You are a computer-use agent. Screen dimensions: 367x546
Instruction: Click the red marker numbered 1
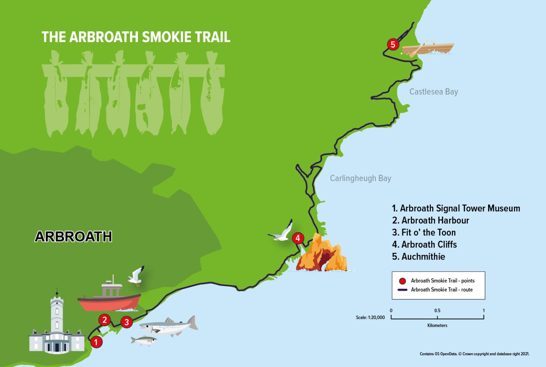point(96,342)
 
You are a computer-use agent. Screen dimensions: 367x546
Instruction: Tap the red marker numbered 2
point(105,320)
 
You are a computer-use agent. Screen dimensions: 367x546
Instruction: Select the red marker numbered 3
point(127,322)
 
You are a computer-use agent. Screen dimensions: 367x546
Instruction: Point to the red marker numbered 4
point(298,238)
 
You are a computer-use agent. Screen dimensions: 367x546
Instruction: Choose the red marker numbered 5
point(393,44)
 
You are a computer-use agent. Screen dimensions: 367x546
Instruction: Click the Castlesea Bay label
point(433,92)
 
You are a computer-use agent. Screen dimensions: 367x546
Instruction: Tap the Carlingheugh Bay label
point(360,178)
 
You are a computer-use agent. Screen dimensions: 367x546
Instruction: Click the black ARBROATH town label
point(73,236)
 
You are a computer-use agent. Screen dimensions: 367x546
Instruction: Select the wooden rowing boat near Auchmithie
point(428,48)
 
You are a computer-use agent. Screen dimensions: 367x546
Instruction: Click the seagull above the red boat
point(136,276)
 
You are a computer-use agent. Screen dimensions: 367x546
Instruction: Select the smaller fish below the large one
point(144,341)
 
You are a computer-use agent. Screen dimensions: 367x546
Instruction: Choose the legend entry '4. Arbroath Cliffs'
point(424,244)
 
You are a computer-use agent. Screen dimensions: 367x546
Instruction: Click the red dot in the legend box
point(402,281)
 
